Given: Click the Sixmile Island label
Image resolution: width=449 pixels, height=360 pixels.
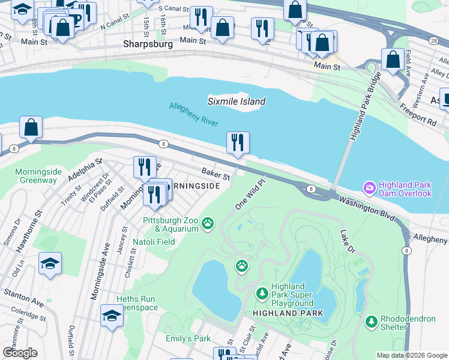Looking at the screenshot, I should click(237, 101).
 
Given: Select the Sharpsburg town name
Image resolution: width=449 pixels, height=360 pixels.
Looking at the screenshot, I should click(148, 44).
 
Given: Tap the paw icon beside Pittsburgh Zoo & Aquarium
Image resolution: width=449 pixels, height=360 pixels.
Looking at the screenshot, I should click(208, 224).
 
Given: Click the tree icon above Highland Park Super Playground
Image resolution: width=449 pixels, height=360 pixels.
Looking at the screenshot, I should click(262, 293).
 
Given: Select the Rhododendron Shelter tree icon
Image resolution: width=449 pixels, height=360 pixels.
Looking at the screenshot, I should click(372, 322).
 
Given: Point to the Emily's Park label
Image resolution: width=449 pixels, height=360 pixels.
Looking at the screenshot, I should click(188, 338).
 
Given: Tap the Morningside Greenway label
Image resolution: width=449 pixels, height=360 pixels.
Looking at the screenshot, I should click(36, 176).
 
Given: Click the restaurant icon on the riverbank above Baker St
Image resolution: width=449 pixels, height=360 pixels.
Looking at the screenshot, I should click(238, 143).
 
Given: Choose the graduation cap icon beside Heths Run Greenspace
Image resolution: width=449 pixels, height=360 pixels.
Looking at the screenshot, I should click(112, 315).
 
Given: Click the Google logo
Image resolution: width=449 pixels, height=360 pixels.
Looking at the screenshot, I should click(20, 353).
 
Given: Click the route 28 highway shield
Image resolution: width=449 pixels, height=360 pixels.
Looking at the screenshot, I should click(433, 40).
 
